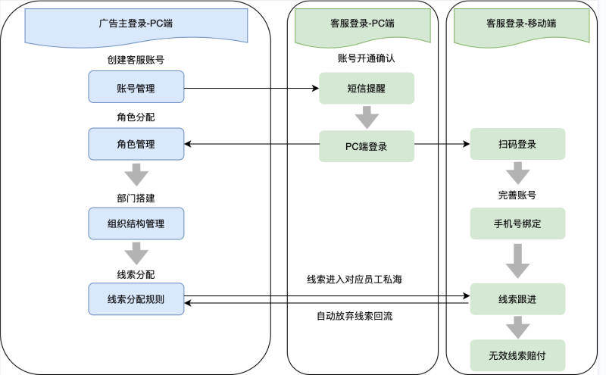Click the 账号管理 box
(x=136, y=87)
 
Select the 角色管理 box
(x=136, y=144)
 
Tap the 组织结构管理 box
(x=136, y=223)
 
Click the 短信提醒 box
(x=366, y=88)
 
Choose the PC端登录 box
(x=366, y=146)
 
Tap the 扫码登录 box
(x=517, y=144)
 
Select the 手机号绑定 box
(x=517, y=224)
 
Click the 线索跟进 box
(x=517, y=299)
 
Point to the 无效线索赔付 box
(x=517, y=354)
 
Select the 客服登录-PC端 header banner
(x=363, y=23)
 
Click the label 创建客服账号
(x=136, y=59)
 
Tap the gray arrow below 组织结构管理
(x=136, y=252)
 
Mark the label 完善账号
(x=517, y=195)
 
